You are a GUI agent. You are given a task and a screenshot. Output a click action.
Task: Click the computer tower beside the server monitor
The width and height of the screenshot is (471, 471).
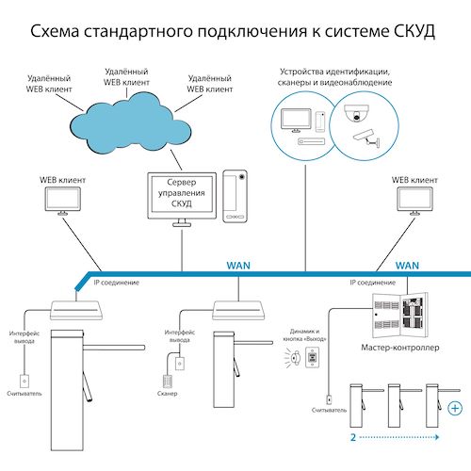[235, 195]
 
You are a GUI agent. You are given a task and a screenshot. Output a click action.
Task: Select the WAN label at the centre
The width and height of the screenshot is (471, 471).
[237, 267]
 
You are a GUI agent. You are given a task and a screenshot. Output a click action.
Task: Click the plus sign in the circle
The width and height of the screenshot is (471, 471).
[456, 408]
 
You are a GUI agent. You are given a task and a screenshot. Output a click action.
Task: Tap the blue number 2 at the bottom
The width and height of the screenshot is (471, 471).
[351, 437]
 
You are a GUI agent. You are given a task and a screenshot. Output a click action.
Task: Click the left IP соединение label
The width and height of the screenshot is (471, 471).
[116, 282]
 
